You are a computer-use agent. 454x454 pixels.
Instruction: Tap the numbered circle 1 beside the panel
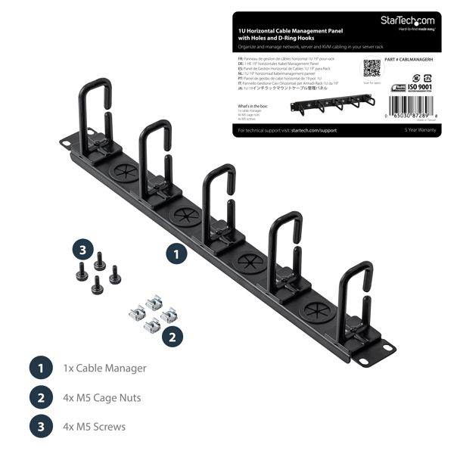(176, 254)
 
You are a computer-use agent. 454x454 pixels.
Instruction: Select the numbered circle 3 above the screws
(82, 249)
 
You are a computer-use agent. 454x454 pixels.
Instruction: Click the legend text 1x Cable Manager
(104, 368)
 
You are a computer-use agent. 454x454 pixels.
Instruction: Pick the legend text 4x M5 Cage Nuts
(102, 397)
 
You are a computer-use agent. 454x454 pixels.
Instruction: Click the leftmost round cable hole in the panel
(120, 173)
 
